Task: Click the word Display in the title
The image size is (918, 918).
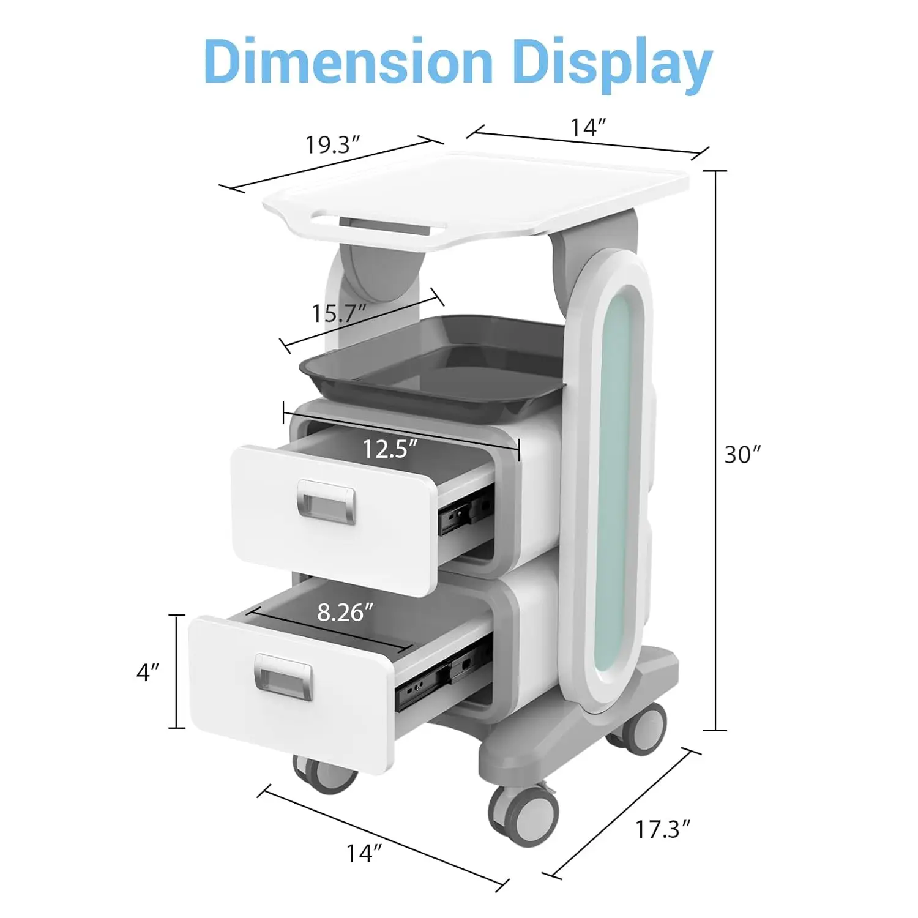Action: point(613,65)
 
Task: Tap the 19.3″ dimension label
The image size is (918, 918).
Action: point(332,145)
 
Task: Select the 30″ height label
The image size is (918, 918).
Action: point(743,455)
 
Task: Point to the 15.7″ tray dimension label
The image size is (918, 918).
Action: point(338,313)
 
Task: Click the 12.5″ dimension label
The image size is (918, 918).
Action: point(390,449)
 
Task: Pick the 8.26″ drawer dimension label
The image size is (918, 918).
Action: point(345,612)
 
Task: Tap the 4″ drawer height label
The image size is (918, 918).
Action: point(147,673)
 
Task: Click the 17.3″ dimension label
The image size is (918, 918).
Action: point(662,830)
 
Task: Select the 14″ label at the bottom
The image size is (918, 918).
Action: point(365,853)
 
